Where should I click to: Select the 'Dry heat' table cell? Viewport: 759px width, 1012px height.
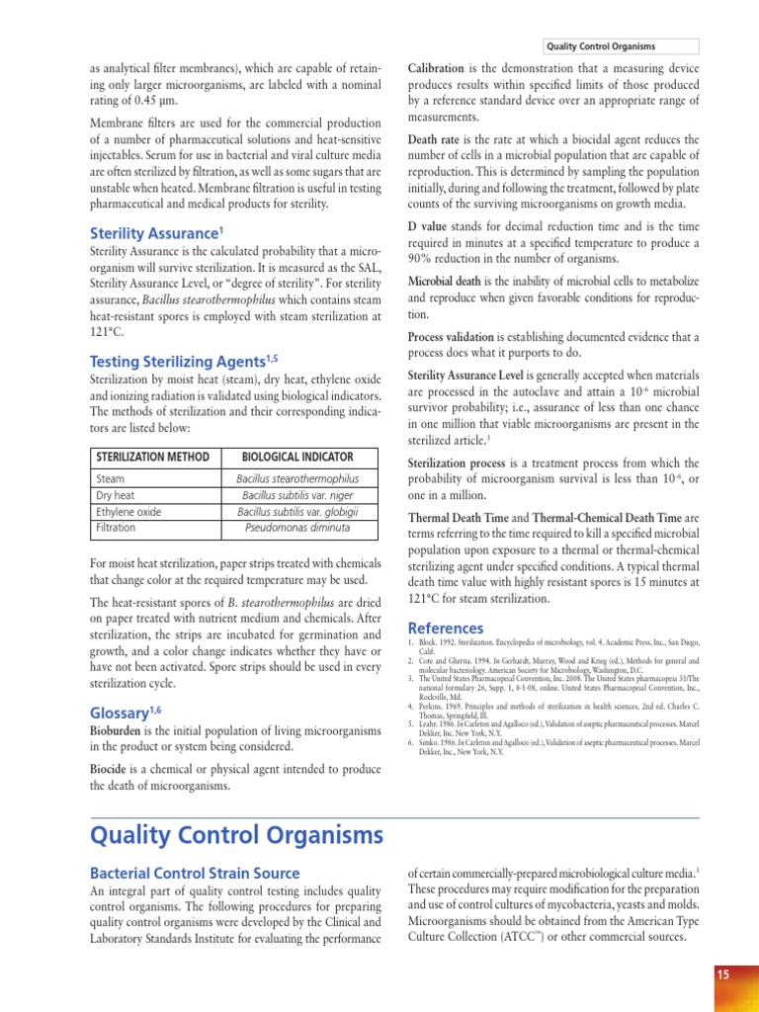(x=117, y=495)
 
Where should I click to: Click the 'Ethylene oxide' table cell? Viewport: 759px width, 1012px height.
(x=130, y=512)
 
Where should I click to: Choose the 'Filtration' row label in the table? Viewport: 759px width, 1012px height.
(x=116, y=528)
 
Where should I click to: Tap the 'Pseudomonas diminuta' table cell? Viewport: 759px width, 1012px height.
(x=297, y=528)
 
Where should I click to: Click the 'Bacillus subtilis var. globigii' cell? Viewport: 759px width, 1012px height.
(x=297, y=512)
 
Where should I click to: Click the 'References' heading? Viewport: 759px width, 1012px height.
(x=446, y=629)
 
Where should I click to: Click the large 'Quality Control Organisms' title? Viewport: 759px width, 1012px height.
(x=236, y=837)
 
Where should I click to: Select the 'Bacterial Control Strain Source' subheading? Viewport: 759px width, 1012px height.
(x=195, y=874)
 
